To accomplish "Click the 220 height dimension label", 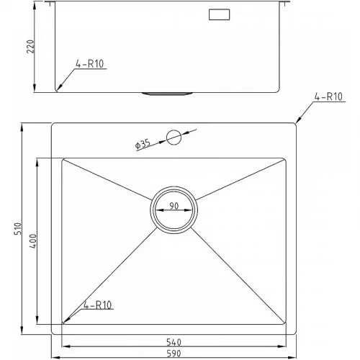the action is [x=30, y=46].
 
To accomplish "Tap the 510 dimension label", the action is [x=18, y=228].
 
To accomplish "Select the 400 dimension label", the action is [x=32, y=241].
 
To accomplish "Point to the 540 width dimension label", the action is [x=174, y=342].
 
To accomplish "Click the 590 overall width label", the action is [x=174, y=354].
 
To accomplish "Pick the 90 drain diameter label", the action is [x=174, y=206].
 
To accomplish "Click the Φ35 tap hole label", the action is [x=143, y=144].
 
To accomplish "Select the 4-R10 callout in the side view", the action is [x=89, y=64].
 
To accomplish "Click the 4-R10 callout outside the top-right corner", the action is [x=328, y=96].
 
